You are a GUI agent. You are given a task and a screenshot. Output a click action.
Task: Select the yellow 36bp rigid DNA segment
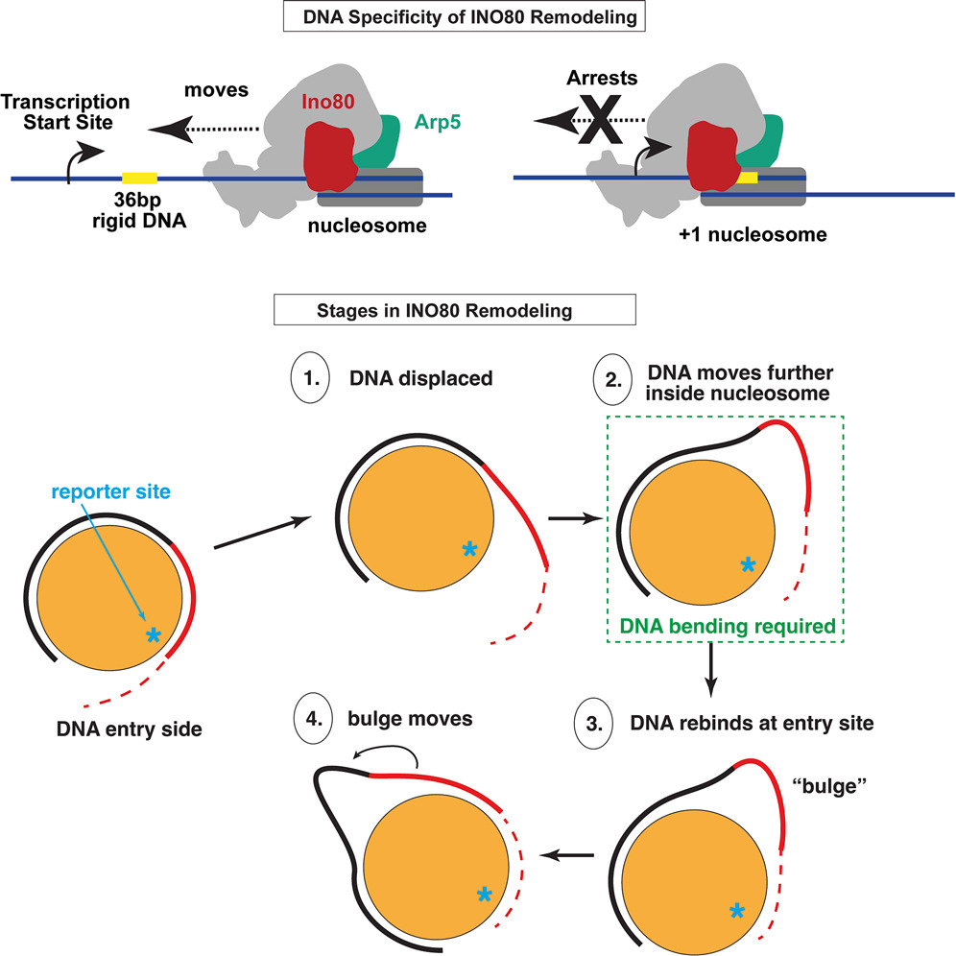click(x=140, y=179)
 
